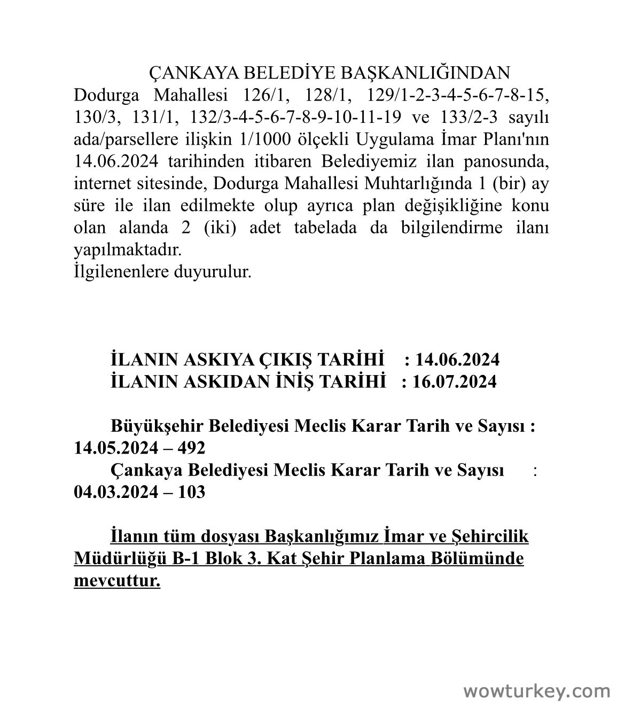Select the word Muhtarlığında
coord(416,183)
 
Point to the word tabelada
coord(325,228)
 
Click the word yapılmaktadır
coord(128,250)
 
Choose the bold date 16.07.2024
coord(454,381)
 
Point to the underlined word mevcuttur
coord(117,580)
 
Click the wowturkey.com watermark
coord(536,691)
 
